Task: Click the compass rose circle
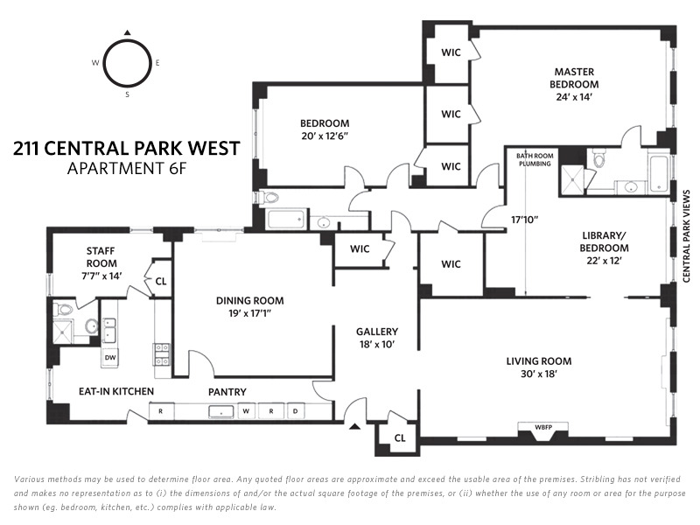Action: point(128,63)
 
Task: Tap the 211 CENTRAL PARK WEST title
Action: point(127,148)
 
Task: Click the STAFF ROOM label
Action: point(101,257)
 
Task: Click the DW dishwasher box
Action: point(110,357)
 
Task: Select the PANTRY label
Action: point(227,391)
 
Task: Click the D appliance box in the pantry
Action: point(295,410)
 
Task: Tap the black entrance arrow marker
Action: point(354,427)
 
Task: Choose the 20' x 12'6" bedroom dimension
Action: point(325,136)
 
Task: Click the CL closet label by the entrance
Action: point(400,437)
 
